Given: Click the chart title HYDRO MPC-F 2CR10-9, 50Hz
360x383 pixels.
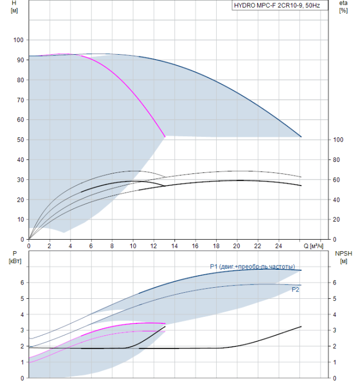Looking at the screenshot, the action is [x=277, y=5].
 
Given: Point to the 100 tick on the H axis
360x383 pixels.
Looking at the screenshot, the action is [x=18, y=40].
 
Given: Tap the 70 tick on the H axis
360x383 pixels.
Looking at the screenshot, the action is [x=20, y=100].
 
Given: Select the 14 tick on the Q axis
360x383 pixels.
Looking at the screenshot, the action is [x=175, y=246].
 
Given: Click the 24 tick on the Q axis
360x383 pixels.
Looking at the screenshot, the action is [x=278, y=246].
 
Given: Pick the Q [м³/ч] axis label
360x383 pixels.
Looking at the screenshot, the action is [x=313, y=246].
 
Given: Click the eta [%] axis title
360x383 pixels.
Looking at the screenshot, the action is [x=344, y=7].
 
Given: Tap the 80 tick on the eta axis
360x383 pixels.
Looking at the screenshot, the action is [x=336, y=160].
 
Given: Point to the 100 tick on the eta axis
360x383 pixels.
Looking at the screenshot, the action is [x=338, y=140].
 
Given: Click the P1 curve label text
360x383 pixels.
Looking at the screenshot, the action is [x=253, y=266].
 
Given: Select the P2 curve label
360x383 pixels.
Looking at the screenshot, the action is [x=295, y=289].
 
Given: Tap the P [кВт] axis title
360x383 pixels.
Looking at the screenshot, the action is [x=15, y=257].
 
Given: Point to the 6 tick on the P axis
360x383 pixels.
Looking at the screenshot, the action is [x=22, y=283].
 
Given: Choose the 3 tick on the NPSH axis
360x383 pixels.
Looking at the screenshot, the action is [x=335, y=330].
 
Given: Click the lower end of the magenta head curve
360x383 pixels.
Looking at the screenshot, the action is [x=165, y=137].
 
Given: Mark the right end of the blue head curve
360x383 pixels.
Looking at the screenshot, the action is [x=301, y=137].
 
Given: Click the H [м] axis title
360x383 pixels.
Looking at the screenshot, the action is [x=14, y=7].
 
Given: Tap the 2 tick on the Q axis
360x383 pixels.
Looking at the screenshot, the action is [x=49, y=246].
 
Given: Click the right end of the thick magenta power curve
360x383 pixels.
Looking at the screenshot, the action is [x=165, y=323].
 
